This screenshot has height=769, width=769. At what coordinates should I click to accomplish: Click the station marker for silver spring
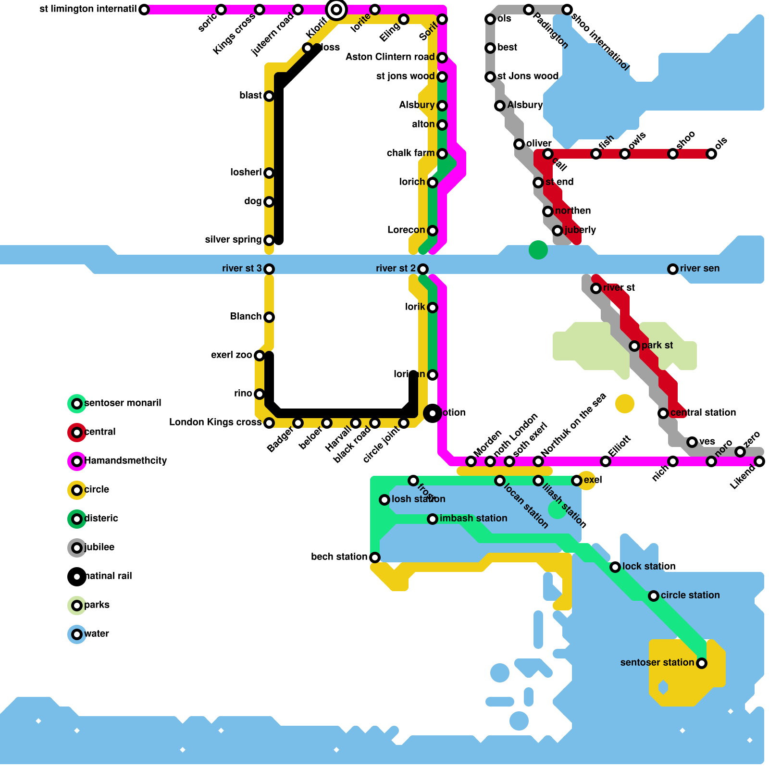coord(269,240)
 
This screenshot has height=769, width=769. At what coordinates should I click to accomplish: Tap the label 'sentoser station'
coord(657,663)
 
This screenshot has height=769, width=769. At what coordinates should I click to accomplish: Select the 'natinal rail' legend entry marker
coord(77,576)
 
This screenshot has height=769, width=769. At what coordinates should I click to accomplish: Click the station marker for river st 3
coord(269,269)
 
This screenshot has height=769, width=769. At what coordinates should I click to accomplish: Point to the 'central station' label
coord(703,413)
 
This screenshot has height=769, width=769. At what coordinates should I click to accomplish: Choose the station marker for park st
coord(634,346)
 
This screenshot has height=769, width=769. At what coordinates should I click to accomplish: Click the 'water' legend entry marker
coord(77,634)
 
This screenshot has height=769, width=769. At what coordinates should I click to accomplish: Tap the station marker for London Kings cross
coord(269,422)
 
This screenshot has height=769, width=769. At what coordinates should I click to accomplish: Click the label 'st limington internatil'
coord(88,9)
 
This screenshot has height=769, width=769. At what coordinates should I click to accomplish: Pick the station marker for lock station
coord(615,567)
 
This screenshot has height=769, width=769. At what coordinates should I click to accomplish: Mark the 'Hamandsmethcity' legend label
coord(125,461)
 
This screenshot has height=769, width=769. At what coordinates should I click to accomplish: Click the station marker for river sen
coord(673,269)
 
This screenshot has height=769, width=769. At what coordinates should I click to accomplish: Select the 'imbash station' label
coord(473,519)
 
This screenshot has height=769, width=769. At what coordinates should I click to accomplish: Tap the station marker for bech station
coord(375,557)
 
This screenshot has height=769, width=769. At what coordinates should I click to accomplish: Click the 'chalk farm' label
coord(410,153)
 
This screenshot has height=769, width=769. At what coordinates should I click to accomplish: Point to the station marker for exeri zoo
coord(260,355)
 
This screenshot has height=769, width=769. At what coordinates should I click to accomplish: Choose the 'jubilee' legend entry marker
coord(77,547)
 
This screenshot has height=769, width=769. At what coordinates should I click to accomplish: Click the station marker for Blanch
coord(269,317)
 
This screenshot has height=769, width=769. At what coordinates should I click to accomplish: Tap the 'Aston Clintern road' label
coord(390,57)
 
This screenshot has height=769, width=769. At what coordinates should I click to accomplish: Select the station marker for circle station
coord(654,595)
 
